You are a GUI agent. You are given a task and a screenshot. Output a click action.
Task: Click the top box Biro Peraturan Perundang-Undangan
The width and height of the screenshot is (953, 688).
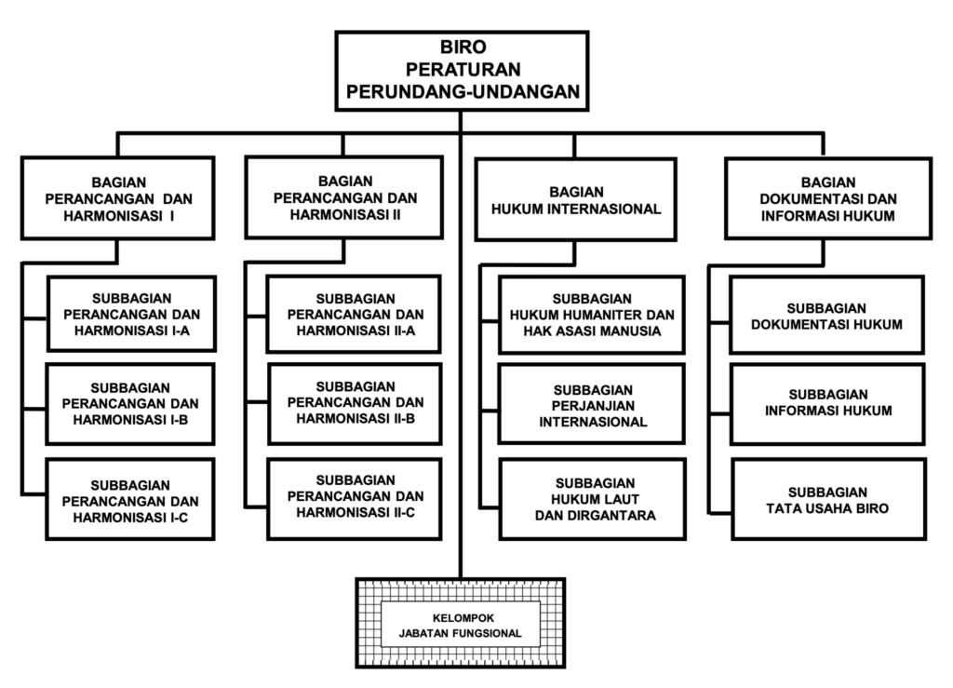tap(462, 70)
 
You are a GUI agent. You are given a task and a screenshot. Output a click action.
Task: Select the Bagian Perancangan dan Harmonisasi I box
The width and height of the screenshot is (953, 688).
tap(118, 197)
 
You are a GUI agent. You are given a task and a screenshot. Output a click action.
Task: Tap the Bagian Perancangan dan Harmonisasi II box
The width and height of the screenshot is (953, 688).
tap(344, 197)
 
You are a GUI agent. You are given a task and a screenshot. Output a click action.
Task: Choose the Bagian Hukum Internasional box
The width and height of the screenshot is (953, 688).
tap(576, 199)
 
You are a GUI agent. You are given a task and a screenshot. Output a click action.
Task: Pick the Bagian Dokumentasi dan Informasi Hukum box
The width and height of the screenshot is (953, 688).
tap(826, 197)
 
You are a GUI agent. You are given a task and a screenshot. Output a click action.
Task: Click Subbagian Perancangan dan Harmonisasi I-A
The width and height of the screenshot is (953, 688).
tap(131, 314)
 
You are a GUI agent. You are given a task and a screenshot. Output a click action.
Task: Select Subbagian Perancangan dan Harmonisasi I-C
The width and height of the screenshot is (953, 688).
tap(131, 500)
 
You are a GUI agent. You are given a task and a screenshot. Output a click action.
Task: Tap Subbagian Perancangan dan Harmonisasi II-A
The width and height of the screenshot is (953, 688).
tap(353, 314)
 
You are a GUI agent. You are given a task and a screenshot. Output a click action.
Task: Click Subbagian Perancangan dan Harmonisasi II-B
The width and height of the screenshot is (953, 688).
tap(353, 402)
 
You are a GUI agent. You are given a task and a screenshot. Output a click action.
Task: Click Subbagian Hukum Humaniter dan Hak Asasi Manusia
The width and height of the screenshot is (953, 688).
tap(592, 315)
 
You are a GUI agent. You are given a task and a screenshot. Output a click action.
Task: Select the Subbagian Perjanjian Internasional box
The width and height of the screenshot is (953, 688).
tap(592, 405)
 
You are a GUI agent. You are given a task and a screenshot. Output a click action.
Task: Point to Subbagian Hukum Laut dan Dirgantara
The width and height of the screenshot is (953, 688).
tap(592, 499)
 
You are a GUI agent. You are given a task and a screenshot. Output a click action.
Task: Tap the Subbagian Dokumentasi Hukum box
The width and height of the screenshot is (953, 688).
tap(826, 315)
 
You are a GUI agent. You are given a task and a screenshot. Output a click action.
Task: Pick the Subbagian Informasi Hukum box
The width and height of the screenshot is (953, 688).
tap(826, 402)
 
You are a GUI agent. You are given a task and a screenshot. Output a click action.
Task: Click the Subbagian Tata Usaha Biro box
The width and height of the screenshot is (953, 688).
tap(826, 499)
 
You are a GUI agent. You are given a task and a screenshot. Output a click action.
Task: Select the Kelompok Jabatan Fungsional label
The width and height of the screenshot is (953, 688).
tap(462, 626)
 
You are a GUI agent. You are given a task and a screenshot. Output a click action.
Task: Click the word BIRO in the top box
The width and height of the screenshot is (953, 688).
tap(462, 47)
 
